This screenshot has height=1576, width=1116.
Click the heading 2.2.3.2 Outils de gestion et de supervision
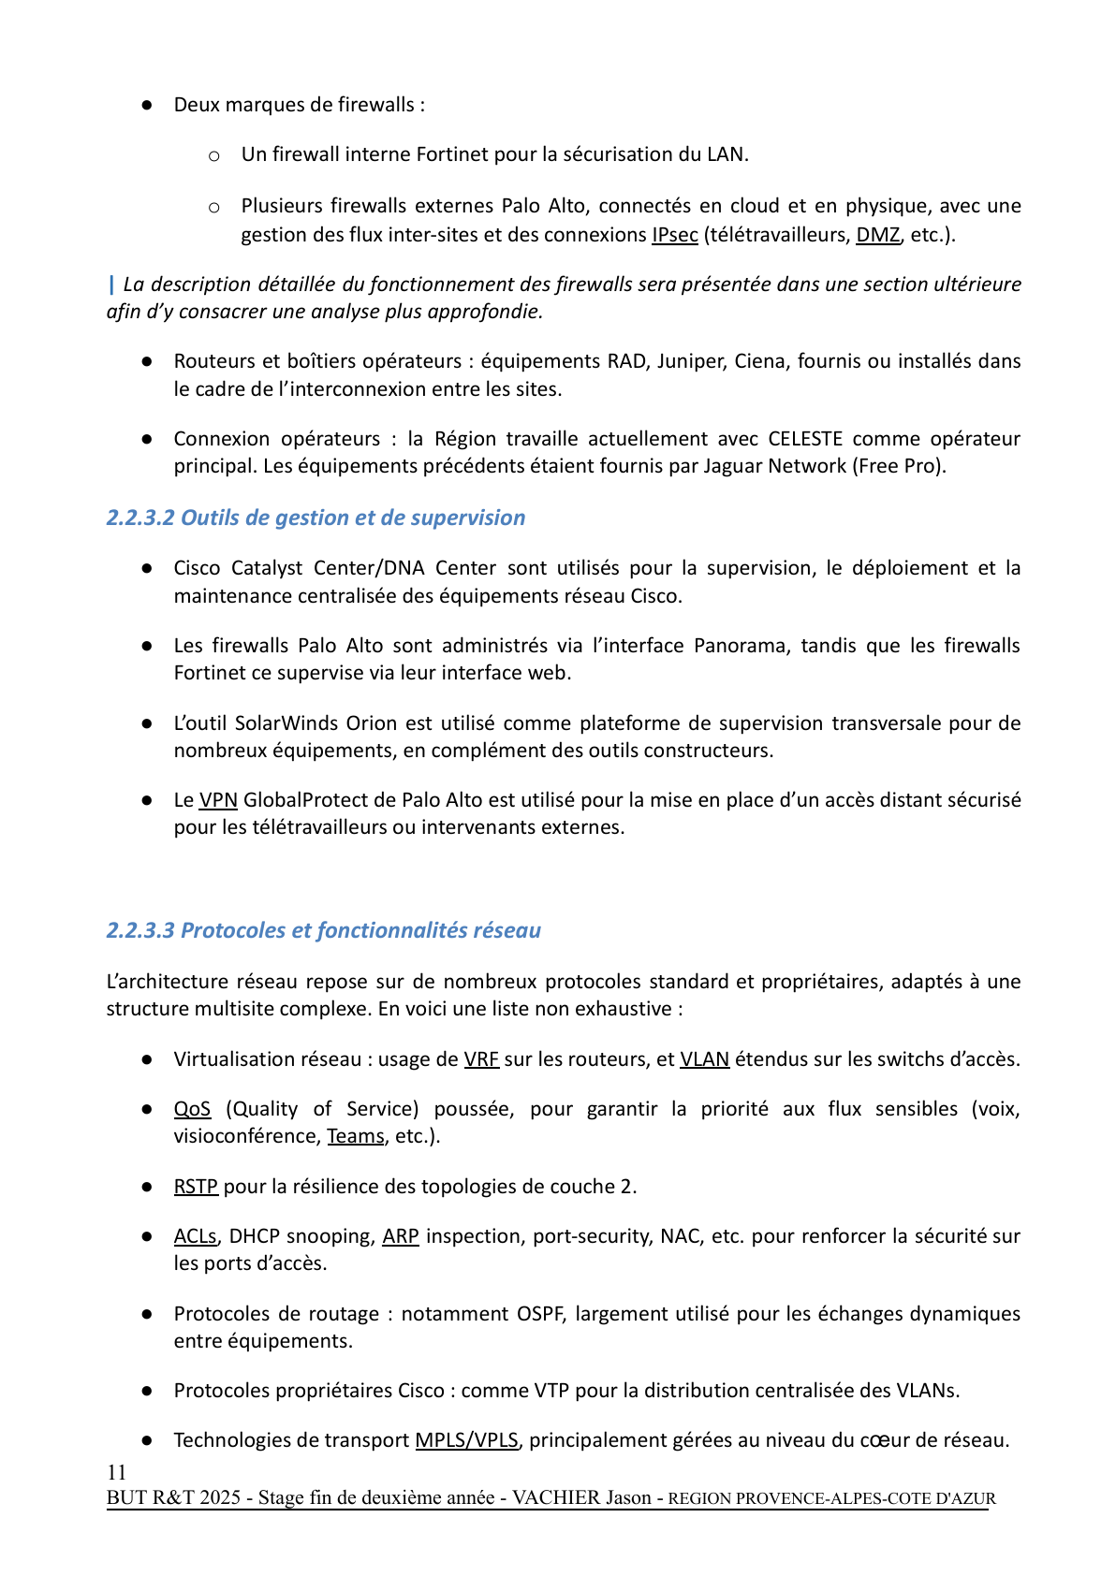pos(316,518)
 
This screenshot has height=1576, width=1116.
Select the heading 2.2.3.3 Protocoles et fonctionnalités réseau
pos(323,930)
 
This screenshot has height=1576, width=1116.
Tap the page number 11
pos(116,1472)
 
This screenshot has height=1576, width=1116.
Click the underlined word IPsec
pos(674,235)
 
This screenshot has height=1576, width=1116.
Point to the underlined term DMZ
pos(877,235)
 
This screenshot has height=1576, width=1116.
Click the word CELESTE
pos(804,439)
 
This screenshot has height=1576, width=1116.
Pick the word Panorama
pos(740,646)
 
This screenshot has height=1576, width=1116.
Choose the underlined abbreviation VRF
pos(481,1059)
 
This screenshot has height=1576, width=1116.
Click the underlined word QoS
pos(192,1109)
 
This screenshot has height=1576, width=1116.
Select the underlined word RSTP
pos(196,1187)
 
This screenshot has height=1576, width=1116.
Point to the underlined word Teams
pos(355,1136)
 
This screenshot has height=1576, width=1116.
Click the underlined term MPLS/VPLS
pos(466,1440)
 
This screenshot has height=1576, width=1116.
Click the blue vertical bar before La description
pos(111,284)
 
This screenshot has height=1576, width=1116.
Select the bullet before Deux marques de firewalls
pos(147,106)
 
